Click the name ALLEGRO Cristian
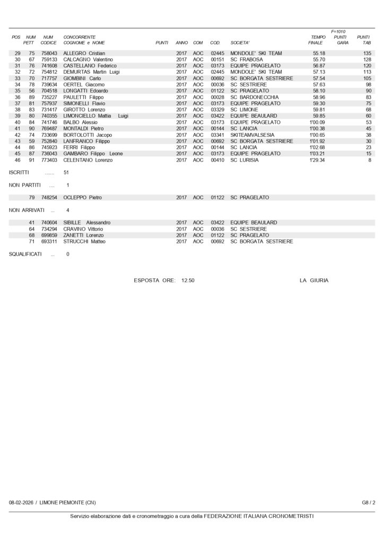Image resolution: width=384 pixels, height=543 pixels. tap(84, 54)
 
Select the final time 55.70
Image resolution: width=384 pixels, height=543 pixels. tap(319, 60)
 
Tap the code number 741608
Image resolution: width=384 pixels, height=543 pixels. tap(49, 66)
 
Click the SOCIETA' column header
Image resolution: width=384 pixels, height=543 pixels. tap(240, 42)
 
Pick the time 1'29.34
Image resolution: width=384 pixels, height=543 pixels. tap(317, 160)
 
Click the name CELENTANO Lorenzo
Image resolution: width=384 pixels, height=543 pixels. tap(88, 160)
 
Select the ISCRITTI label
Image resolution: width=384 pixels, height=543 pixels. tap(20, 173)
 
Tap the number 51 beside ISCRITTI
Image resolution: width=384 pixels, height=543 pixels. tap(66, 173)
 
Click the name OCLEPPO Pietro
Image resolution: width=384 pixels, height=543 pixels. tap(82, 198)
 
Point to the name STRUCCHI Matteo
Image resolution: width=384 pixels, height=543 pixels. tap(84, 241)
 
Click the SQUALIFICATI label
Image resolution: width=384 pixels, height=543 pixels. tap(25, 254)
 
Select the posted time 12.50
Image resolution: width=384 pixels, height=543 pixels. tap(188, 280)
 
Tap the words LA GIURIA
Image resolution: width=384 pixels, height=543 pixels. tap(314, 280)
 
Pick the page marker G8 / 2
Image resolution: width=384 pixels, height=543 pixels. tap(369, 502)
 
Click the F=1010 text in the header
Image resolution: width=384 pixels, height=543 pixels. tap(338, 31)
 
